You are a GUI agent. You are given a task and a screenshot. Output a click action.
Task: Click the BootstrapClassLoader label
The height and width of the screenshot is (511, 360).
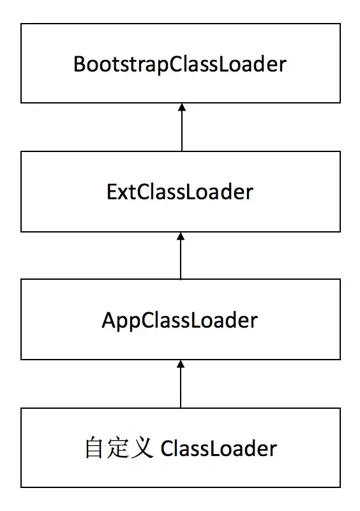coord(180,65)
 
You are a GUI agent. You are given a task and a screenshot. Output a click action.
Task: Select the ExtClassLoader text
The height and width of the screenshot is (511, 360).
coord(180,192)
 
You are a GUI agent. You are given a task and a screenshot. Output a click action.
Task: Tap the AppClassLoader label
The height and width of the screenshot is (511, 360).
coord(180,319)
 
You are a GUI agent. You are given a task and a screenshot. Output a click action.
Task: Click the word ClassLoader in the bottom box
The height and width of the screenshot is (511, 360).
coord(218,448)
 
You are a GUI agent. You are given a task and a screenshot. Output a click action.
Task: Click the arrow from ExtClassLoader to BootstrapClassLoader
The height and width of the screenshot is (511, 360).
coord(181,128)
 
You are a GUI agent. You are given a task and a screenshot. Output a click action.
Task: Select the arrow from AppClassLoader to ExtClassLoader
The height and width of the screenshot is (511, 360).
coord(181,256)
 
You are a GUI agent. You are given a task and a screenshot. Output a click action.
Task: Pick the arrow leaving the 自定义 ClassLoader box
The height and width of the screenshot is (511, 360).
coord(181,384)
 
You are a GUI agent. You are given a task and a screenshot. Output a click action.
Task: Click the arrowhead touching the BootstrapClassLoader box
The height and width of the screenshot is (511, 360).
coord(181,108)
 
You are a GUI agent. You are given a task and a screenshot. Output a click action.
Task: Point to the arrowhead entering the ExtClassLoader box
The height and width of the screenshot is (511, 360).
coord(181,236)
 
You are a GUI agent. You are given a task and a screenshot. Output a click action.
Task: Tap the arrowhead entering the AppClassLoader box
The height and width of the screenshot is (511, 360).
coord(181,364)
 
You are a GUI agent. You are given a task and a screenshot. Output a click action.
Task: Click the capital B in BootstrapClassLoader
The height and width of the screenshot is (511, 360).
coord(80,65)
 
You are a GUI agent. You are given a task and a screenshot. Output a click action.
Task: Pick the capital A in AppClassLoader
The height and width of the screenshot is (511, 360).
coord(109,319)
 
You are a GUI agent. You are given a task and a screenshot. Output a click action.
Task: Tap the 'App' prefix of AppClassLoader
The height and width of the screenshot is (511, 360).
coord(121,319)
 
